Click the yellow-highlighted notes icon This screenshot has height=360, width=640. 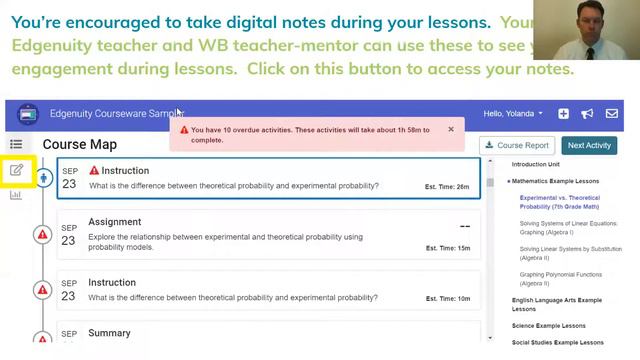(x=17, y=170)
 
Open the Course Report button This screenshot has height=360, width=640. (x=517, y=145)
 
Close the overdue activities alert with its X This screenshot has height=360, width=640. (x=451, y=129)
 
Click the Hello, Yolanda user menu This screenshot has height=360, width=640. (x=513, y=114)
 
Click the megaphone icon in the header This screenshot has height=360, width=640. (x=588, y=114)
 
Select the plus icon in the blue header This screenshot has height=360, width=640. (x=564, y=114)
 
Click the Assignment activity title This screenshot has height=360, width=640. (x=115, y=222)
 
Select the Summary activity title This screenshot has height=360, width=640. (x=109, y=333)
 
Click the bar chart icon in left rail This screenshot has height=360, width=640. (x=16, y=195)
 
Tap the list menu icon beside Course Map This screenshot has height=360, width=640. (x=16, y=145)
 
